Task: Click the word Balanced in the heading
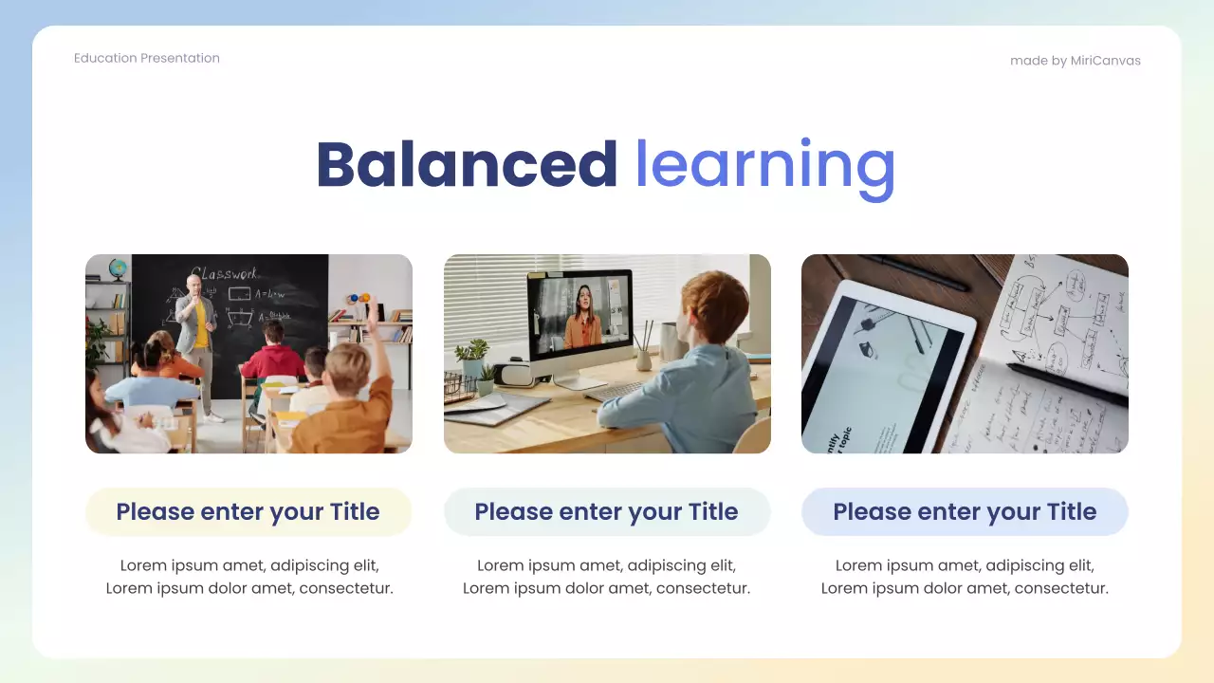(x=466, y=164)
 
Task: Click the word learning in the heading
(x=764, y=166)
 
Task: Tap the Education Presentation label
(x=147, y=58)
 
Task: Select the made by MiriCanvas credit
(x=1075, y=61)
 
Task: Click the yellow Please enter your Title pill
(x=248, y=512)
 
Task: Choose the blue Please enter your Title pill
(x=965, y=512)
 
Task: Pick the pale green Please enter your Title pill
(x=606, y=512)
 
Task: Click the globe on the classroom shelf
(x=118, y=268)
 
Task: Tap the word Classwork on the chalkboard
(x=224, y=272)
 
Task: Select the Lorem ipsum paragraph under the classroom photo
(x=248, y=577)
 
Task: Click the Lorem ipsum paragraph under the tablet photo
(x=965, y=577)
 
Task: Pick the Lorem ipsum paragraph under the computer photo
(x=606, y=577)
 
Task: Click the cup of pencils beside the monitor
(x=645, y=348)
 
